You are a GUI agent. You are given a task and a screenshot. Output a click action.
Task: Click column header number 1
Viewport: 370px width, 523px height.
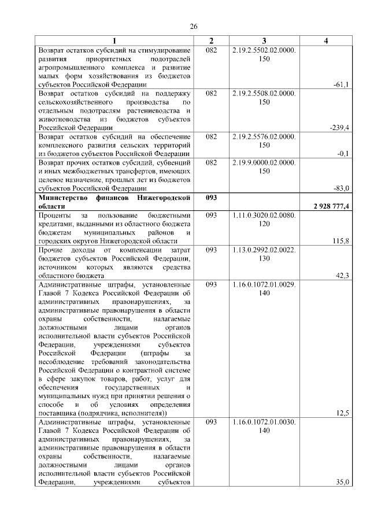click(114, 40)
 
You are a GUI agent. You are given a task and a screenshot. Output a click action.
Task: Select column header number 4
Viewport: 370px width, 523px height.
click(326, 40)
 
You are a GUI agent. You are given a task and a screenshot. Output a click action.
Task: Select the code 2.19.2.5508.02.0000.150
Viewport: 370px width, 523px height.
click(264, 97)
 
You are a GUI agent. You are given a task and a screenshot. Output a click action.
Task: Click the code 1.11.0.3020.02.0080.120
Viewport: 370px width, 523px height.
click(264, 218)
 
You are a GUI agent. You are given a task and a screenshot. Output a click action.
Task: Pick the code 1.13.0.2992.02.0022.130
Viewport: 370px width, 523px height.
click(264, 253)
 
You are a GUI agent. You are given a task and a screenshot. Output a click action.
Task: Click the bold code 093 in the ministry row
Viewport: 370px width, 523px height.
click(211, 198)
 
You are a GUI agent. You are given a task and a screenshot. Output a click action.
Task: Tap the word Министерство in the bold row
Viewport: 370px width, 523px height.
click(61, 198)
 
